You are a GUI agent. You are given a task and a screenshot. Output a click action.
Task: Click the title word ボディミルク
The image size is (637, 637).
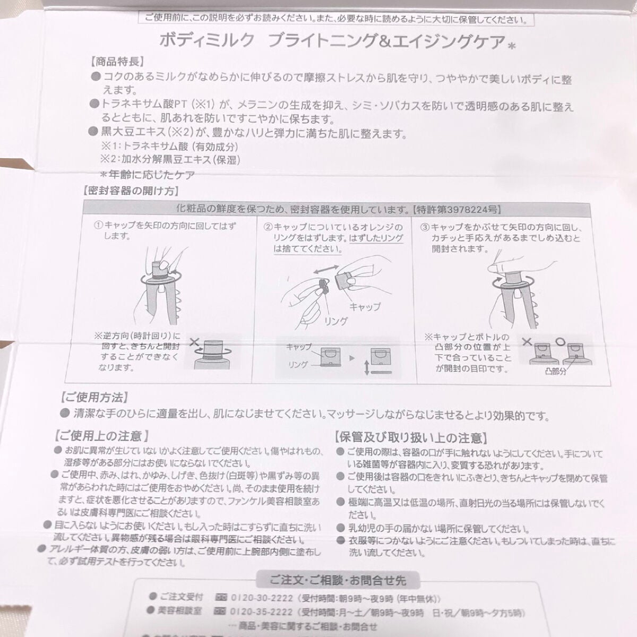207,41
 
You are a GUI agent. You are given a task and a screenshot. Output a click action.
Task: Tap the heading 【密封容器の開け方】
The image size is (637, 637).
131,190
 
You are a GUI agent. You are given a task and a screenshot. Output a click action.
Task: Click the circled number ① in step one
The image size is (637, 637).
98,226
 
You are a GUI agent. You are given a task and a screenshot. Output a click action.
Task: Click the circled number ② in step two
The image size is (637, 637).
269,227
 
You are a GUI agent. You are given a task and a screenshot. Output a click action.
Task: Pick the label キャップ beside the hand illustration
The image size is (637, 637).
364,307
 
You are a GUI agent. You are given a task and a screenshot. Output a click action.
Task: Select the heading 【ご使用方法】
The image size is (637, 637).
94,397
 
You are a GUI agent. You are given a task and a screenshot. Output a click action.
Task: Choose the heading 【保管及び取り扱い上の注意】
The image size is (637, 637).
410,438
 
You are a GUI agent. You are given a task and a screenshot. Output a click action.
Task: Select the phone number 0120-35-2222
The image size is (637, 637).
261,612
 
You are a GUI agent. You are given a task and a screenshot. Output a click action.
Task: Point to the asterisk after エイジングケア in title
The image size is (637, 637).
512,46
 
